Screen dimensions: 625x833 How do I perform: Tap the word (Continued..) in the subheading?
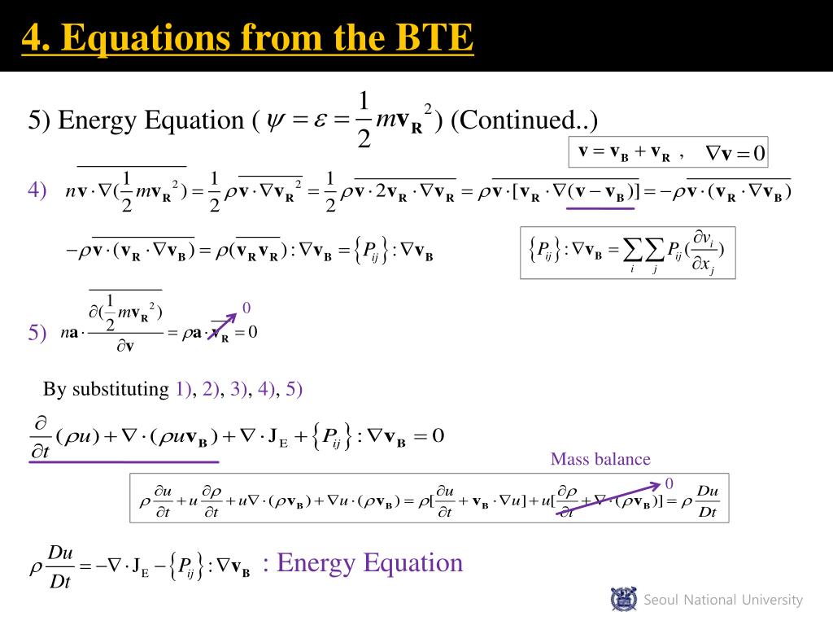(524, 120)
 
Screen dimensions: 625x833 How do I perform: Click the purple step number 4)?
(37, 190)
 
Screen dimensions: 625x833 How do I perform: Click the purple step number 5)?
(37, 332)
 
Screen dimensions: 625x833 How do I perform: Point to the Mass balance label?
(600, 459)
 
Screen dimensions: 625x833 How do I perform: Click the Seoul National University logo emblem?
(624, 599)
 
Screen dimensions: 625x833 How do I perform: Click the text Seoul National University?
(723, 600)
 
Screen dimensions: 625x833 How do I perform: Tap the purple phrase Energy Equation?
(370, 562)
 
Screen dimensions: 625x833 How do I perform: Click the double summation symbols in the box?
(644, 252)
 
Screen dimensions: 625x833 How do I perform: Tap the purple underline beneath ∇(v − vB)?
(600, 208)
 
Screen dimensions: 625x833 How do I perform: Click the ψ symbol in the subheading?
(268, 120)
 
